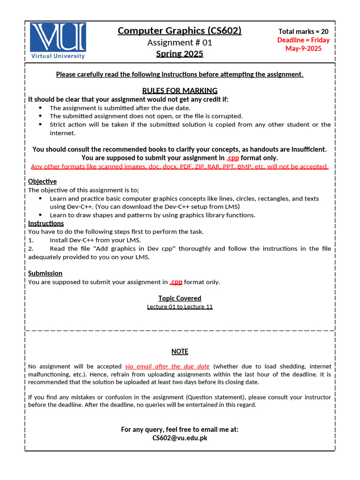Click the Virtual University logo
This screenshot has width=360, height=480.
point(58,41)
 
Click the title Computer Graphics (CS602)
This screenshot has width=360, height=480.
point(180,30)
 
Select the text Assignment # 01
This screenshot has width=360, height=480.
point(180,42)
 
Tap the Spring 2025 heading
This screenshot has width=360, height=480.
point(180,53)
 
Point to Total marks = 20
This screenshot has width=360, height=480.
point(303,31)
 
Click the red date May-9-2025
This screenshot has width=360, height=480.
point(303,48)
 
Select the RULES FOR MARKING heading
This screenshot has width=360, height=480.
point(180,90)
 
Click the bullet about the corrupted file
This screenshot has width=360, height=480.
point(146,116)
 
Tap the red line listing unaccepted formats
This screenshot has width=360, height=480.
point(180,166)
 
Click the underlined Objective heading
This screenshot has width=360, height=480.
point(42,181)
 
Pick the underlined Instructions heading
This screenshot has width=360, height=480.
point(46,223)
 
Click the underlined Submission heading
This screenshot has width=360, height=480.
point(45,273)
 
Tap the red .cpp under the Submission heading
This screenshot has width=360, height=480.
point(176,282)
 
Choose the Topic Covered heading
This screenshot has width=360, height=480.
point(180,298)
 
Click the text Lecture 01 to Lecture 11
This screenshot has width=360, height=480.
point(180,307)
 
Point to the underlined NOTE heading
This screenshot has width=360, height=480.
point(180,352)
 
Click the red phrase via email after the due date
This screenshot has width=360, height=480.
point(167,366)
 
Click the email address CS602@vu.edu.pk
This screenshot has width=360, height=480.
point(180,438)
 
